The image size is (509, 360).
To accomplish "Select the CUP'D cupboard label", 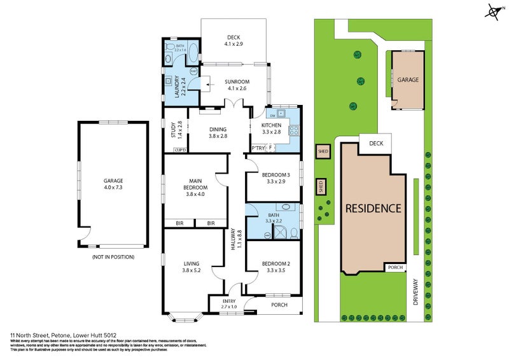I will (179, 150).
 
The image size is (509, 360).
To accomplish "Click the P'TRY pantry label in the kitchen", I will (258, 148).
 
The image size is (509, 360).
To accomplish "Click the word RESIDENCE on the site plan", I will (373, 208).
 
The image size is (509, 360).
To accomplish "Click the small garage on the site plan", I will (408, 81).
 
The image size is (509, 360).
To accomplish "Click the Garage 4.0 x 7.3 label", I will (113, 184).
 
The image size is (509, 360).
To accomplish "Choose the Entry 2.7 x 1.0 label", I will (229, 304).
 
